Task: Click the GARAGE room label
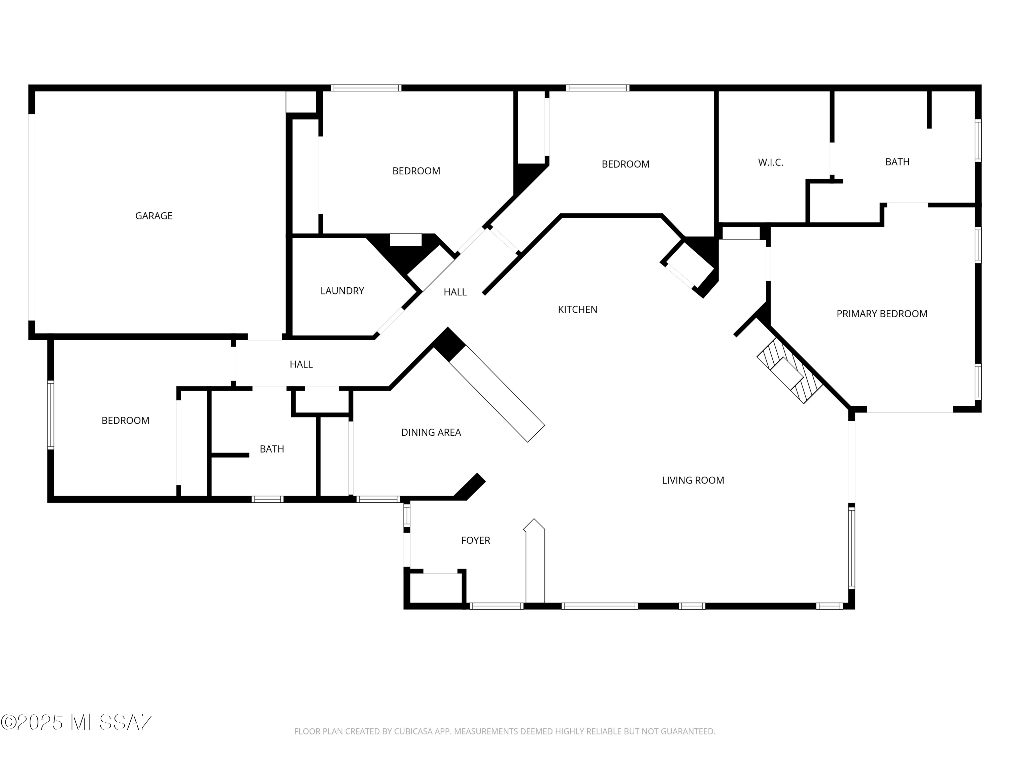pyautogui.click(x=154, y=216)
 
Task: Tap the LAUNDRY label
pyautogui.click(x=342, y=291)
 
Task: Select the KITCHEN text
pyautogui.click(x=578, y=310)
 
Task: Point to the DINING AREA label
pyautogui.click(x=431, y=432)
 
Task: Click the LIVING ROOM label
pyautogui.click(x=693, y=480)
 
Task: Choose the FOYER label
pyautogui.click(x=475, y=540)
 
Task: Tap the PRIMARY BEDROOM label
pyautogui.click(x=882, y=314)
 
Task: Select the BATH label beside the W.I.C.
pyautogui.click(x=897, y=161)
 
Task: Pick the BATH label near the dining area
pyautogui.click(x=272, y=449)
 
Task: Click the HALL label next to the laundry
pyautogui.click(x=455, y=292)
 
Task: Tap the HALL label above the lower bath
pyautogui.click(x=301, y=364)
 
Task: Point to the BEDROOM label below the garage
pyautogui.click(x=126, y=420)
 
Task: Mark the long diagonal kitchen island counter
pyautogui.click(x=497, y=393)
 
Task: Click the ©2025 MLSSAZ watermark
pyautogui.click(x=77, y=722)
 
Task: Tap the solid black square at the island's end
pyautogui.click(x=449, y=345)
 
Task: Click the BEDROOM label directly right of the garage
pyautogui.click(x=416, y=171)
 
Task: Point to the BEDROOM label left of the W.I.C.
pyautogui.click(x=626, y=164)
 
